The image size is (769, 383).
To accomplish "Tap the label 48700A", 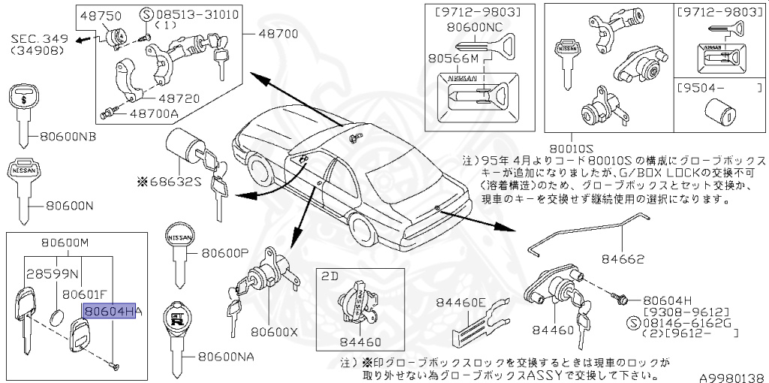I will point(154,114).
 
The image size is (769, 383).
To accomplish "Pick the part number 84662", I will point(622,259).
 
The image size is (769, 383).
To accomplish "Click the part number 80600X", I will point(274,330).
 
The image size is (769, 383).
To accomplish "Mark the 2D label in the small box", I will point(330,276).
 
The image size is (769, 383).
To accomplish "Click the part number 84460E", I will point(461,303).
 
